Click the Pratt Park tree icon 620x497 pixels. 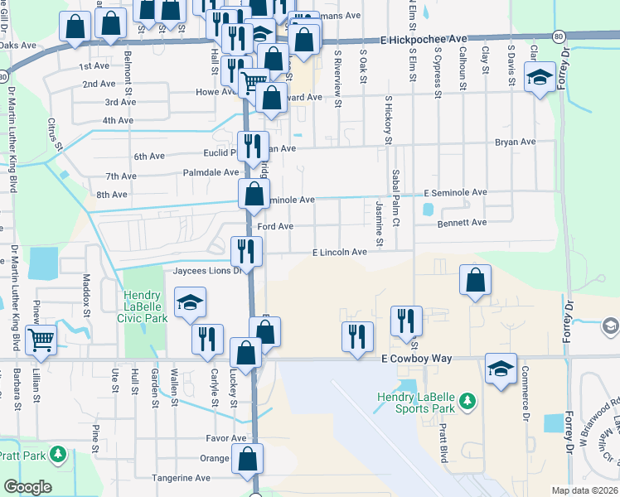[58, 454]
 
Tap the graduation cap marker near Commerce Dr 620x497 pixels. [501, 369]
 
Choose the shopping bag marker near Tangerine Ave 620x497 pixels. [248, 459]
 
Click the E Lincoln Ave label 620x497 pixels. [339, 253]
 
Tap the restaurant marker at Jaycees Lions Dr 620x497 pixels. [246, 250]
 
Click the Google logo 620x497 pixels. [28, 487]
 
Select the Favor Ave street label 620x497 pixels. [227, 438]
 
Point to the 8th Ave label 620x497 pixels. [112, 195]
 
